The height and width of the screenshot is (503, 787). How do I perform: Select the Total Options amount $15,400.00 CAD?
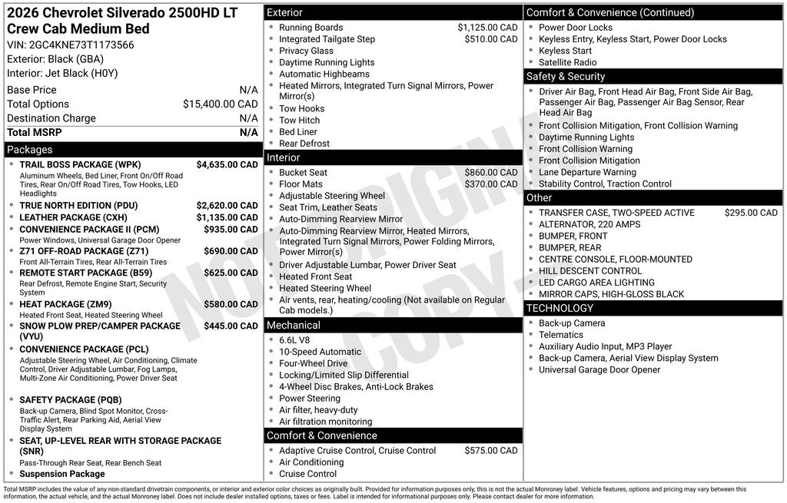click(220, 104)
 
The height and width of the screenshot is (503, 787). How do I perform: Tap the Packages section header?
click(30, 150)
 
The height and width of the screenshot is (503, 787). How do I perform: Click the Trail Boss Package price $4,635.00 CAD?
click(227, 164)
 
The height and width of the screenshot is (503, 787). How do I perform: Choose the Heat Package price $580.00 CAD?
click(231, 304)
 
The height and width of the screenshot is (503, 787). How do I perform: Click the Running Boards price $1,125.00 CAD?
click(487, 28)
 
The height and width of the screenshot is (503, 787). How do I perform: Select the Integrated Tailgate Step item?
click(327, 39)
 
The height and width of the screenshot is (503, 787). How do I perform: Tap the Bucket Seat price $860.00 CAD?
click(490, 173)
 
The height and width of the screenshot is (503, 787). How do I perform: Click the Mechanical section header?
click(293, 326)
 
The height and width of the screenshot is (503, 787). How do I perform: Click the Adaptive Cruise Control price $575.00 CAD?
click(490, 451)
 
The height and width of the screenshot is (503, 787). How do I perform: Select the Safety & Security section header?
click(566, 77)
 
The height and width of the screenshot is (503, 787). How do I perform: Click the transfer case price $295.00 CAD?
click(750, 213)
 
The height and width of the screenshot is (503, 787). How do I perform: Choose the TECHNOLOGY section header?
click(560, 308)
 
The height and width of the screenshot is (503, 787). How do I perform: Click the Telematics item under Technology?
click(561, 335)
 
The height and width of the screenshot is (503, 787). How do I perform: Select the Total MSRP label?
click(35, 132)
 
